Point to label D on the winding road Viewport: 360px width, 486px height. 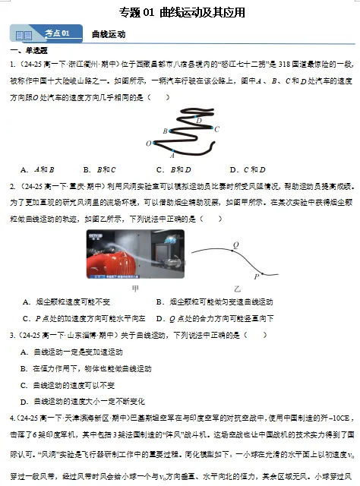[199, 120]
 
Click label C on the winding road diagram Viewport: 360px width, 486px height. [216, 129]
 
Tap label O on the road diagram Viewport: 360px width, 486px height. [149, 143]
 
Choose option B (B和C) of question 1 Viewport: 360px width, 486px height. [99, 169]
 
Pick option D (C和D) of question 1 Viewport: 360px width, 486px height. [248, 169]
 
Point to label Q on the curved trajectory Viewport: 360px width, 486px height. [235, 245]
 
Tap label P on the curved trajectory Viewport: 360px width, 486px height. [256, 276]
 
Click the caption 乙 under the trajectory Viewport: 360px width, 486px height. [237, 289]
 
